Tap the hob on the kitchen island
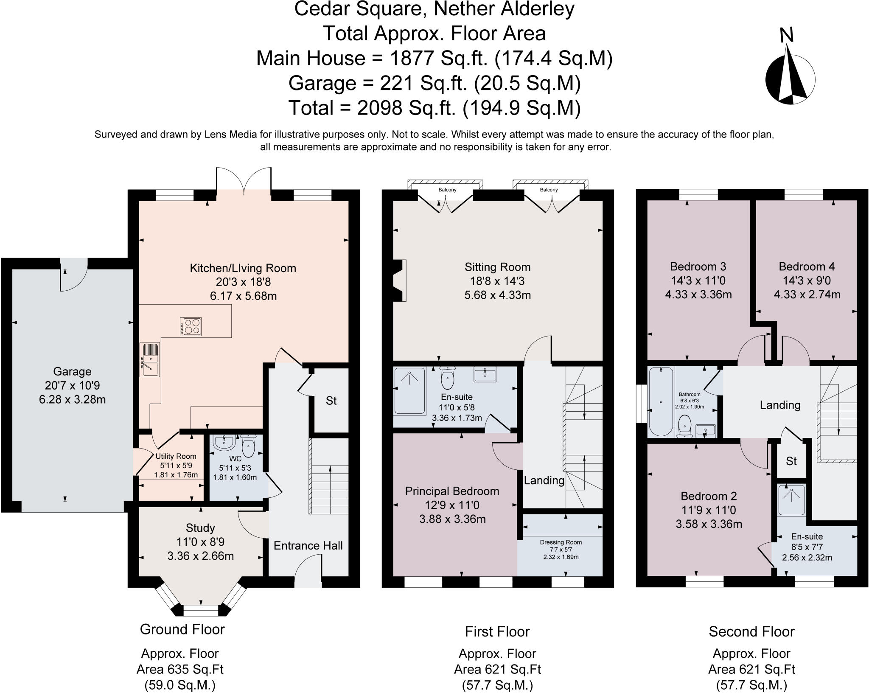(x=191, y=326)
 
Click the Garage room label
(x=72, y=371)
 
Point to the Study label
(x=200, y=528)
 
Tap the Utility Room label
(x=176, y=456)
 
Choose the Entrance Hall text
(x=308, y=545)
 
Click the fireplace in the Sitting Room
(x=399, y=281)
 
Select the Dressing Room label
(x=561, y=542)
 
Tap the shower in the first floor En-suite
(x=409, y=390)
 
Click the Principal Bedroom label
(x=452, y=491)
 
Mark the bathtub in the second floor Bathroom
(x=661, y=401)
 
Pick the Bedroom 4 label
(x=807, y=267)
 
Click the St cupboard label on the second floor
(x=791, y=461)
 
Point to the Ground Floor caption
(x=182, y=629)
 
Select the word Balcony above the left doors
(x=448, y=190)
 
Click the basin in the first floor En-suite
(x=485, y=375)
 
